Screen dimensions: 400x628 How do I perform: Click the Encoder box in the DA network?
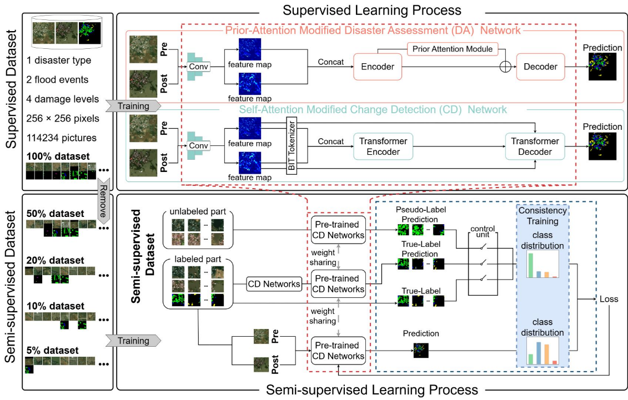(x=378, y=67)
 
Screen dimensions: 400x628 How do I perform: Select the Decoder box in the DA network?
(x=540, y=67)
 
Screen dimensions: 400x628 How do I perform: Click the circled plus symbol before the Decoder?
(x=505, y=67)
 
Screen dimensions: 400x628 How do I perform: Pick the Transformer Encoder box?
(x=383, y=146)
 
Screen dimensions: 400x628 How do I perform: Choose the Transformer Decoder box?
(x=534, y=146)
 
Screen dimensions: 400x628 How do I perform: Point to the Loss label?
(x=609, y=299)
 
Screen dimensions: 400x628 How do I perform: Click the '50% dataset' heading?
(x=56, y=214)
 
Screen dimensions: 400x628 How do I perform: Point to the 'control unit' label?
(x=483, y=232)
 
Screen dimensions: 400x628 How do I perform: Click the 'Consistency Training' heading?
(x=542, y=216)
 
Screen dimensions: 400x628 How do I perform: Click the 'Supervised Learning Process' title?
(x=371, y=10)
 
